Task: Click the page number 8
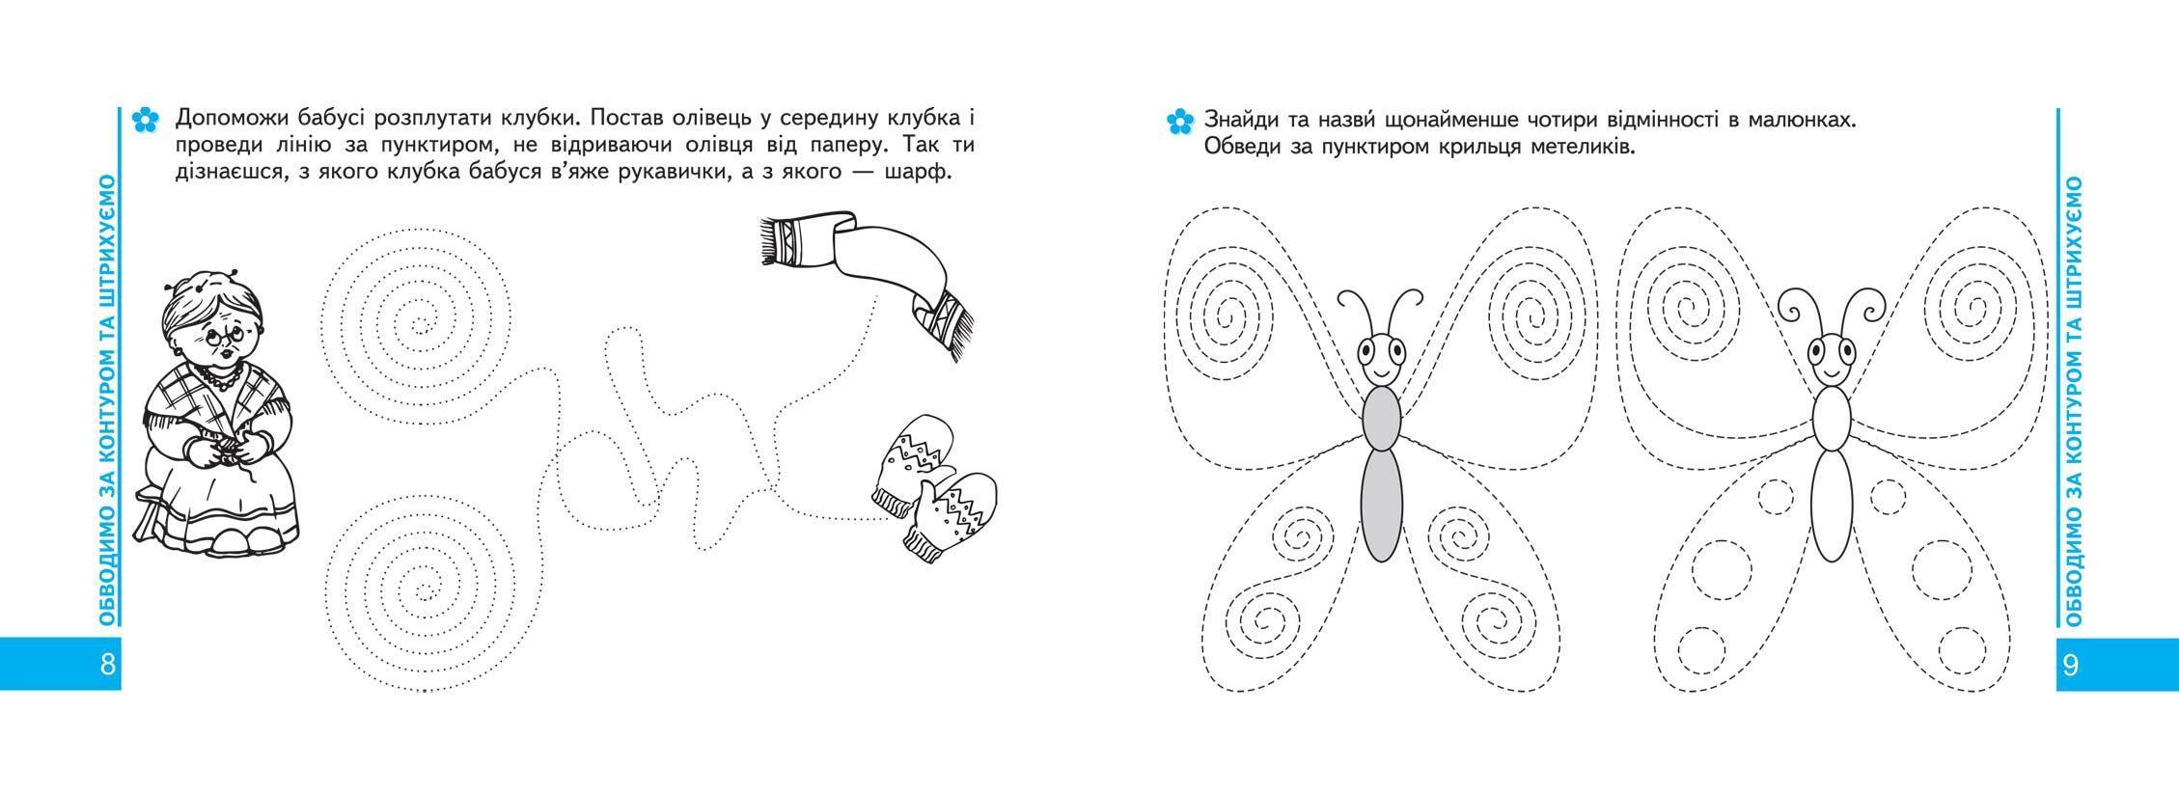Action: click(107, 664)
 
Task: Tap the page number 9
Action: click(2069, 664)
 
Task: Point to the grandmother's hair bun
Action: click(200, 284)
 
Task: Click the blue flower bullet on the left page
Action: click(144, 121)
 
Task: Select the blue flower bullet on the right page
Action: click(1179, 122)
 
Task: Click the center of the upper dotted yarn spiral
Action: click(418, 324)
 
